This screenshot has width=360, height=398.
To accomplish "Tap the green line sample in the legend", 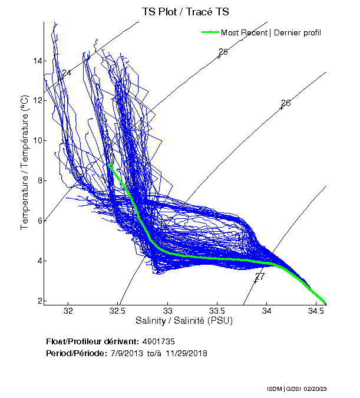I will point(210,32).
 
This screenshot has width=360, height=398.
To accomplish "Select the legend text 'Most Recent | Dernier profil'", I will point(271,32).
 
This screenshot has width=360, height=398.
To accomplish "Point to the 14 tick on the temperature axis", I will point(37,61).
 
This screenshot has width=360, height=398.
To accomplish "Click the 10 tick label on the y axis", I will point(37,140).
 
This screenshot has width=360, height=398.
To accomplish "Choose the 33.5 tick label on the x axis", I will point(217,311).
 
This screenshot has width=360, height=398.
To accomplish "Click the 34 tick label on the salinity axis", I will point(267,311).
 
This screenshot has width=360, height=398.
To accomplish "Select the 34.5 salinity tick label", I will point(316,311).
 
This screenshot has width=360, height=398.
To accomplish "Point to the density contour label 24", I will point(67,73).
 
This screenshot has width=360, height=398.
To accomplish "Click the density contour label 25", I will point(223,52).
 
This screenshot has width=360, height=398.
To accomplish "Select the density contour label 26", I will point(286,103).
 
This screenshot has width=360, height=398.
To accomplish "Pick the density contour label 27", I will point(260,277).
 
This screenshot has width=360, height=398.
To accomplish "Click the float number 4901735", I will point(158,341).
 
